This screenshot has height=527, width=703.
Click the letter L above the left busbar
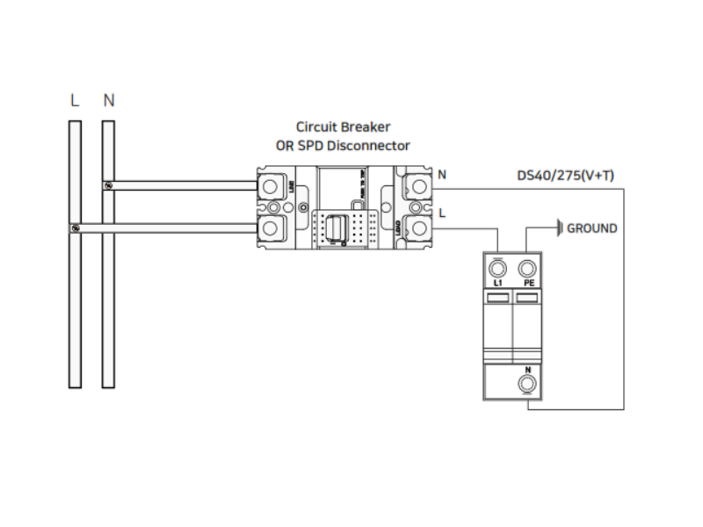[x=75, y=100]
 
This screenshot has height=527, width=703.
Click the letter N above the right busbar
[x=108, y=100]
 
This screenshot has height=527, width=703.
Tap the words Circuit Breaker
[x=343, y=127]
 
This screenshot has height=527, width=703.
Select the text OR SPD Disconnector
[x=343, y=146]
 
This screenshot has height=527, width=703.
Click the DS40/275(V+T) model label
[x=566, y=176]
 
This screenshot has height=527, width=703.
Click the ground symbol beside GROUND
[x=559, y=228]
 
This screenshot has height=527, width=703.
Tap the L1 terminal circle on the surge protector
[x=498, y=269]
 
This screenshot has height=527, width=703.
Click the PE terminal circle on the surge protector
[x=527, y=269]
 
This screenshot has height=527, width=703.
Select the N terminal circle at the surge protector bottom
[x=527, y=384]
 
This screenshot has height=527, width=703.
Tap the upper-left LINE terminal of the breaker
[x=272, y=185]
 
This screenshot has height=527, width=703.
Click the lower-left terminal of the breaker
[x=272, y=228]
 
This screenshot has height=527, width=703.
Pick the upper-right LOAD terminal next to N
[x=419, y=185]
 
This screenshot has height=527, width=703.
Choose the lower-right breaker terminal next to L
[x=419, y=228]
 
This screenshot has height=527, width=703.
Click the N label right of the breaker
[x=442, y=174]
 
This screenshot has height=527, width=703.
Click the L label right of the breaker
[x=442, y=213]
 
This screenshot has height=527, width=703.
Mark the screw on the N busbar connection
[x=108, y=185]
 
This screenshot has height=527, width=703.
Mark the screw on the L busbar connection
[x=75, y=228]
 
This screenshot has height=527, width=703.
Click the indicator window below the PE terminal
[x=527, y=300]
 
